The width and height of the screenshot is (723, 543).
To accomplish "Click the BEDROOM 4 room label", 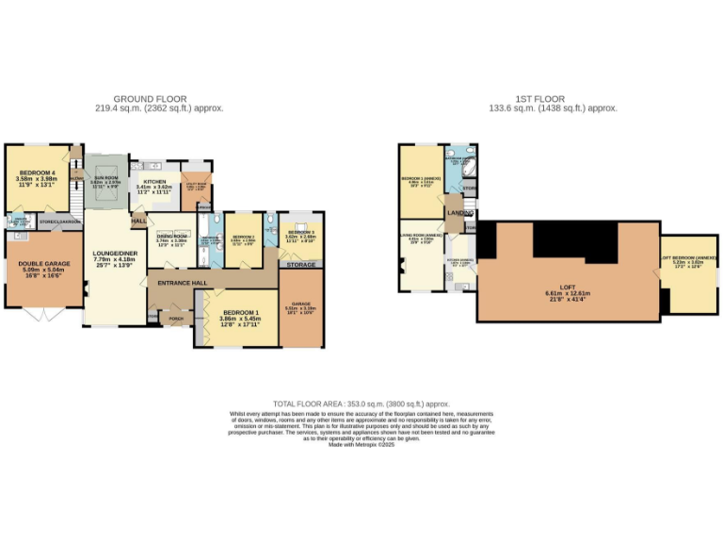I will (38, 173).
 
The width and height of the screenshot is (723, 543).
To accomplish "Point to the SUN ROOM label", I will (104, 176).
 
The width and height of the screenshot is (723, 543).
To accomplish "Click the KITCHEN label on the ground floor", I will (153, 181).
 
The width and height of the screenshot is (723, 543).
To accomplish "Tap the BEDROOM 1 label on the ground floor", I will (241, 312).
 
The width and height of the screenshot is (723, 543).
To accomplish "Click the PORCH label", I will (175, 318).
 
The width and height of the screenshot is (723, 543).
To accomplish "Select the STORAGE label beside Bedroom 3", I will (301, 265).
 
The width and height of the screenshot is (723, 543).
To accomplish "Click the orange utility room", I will (197, 187).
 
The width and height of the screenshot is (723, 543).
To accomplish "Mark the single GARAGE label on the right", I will (301, 304).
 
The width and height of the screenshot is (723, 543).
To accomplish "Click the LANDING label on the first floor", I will (460, 213).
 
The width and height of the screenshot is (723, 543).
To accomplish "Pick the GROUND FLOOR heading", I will (150, 99).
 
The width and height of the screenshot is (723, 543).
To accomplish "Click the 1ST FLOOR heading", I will (540, 99).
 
